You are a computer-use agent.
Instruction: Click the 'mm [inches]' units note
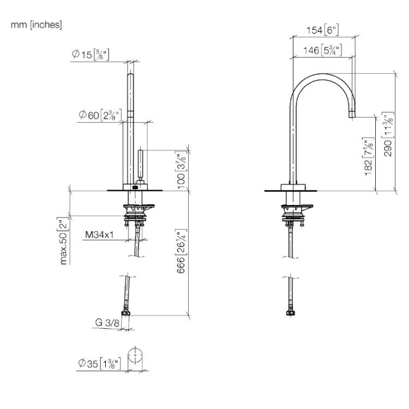click(36, 25)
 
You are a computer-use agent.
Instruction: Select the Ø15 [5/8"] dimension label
click(91, 55)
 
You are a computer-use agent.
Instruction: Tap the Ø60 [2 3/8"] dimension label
click(100, 115)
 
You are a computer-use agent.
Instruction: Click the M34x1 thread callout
click(99, 234)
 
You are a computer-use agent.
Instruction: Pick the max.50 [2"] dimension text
click(64, 240)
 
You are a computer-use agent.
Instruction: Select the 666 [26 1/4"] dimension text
click(181, 251)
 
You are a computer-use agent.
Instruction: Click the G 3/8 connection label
click(107, 323)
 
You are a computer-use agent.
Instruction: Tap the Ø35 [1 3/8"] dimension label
click(99, 363)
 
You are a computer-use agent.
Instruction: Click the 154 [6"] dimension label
click(323, 30)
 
